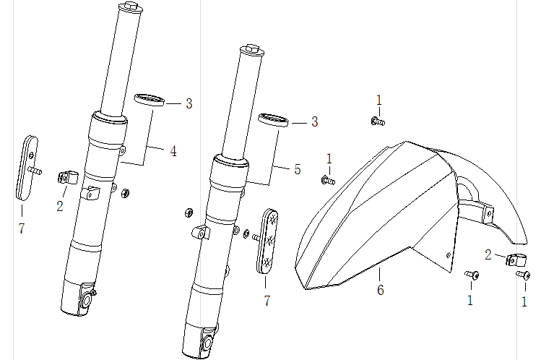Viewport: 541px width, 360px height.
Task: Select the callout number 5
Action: point(297,170)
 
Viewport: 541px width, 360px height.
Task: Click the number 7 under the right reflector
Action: point(267,300)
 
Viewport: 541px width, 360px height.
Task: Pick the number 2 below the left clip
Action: point(60,206)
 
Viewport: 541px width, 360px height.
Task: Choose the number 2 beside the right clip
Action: point(488,254)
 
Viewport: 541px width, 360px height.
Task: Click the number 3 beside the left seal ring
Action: point(189,103)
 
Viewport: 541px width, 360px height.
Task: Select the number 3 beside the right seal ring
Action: point(314,121)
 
